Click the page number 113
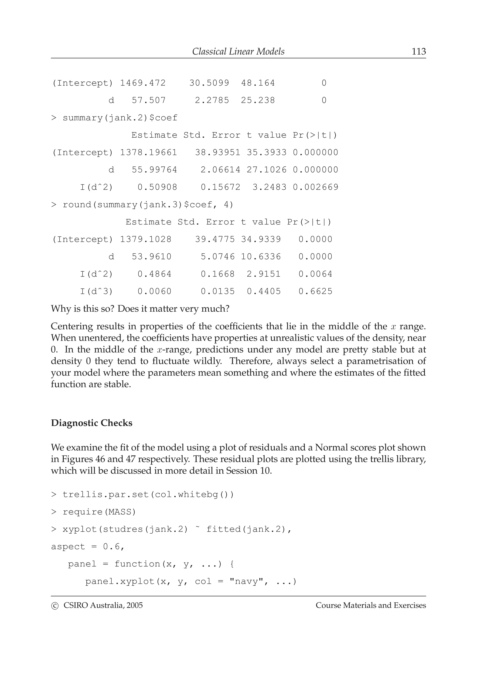pos(419,51)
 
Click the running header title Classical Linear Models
pos(238,51)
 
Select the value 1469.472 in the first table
pos(143,83)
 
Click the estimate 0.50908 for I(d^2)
pos(157,187)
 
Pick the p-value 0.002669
pos(315,187)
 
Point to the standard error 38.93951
pos(218,153)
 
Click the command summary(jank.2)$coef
pos(120,118)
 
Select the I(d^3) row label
pos(96,291)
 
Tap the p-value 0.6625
pos(315,291)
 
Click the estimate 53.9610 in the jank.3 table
pos(151,257)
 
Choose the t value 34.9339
pos(261,239)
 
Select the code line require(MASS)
pos(99,512)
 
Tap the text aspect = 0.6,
pos(88,547)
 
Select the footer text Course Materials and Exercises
pos(371,605)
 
